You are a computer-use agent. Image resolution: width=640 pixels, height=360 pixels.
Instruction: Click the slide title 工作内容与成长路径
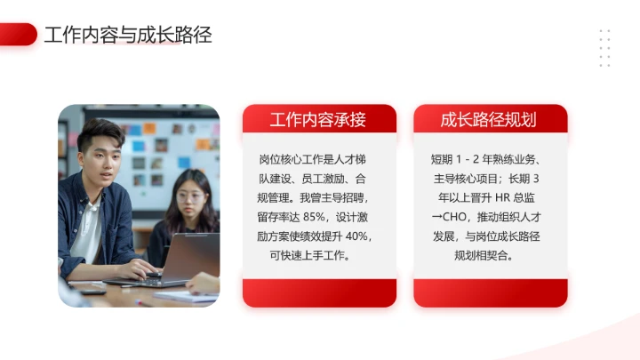tap(128, 36)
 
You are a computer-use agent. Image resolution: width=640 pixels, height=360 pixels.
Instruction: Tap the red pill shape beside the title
tap(18, 35)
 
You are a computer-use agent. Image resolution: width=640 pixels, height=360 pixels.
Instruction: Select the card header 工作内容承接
tap(318, 119)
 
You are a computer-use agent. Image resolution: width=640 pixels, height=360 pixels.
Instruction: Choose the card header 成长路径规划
tap(489, 119)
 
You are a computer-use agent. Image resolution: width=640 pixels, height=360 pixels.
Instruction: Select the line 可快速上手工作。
tap(318, 255)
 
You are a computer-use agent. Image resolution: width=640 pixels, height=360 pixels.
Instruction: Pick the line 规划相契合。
tap(489, 255)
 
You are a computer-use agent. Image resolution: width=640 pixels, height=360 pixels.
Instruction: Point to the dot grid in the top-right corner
tap(604, 48)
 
